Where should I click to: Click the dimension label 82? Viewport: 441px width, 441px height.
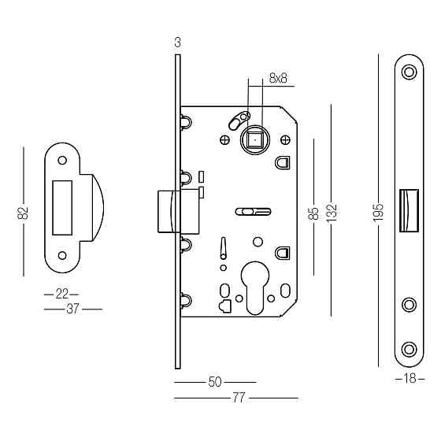coord(23,213)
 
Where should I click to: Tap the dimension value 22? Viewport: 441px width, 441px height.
coord(62,295)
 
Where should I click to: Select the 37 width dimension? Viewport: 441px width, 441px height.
coord(72,309)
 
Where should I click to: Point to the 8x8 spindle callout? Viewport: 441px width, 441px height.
coord(278,78)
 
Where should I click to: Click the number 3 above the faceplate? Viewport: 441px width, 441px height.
coord(177,43)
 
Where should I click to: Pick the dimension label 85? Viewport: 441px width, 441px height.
coord(313,213)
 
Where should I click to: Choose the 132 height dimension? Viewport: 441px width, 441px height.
coord(332,212)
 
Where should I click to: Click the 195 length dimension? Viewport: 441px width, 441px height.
coord(378,212)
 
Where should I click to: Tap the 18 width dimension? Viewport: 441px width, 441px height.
coord(409,379)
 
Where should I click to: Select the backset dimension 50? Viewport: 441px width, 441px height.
coord(215,382)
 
